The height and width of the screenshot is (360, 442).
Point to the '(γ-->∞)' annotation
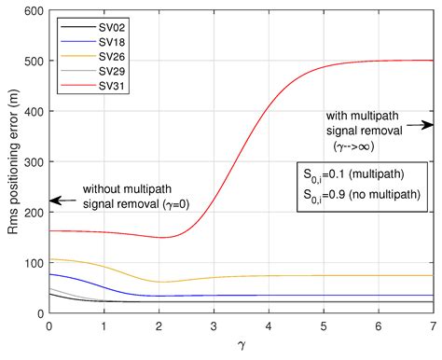[x=362, y=146]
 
